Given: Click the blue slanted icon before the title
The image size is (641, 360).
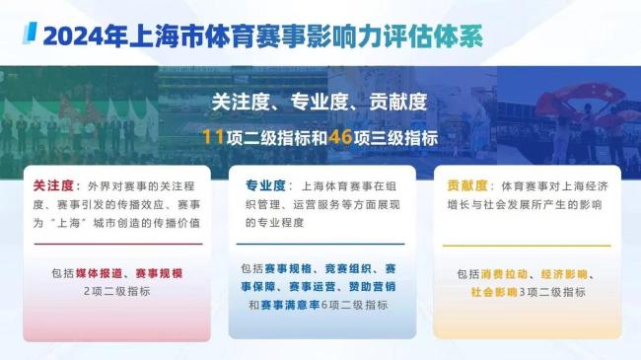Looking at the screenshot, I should pyautogui.click(x=31, y=36).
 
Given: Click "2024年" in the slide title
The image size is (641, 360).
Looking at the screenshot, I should pyautogui.click(x=79, y=37).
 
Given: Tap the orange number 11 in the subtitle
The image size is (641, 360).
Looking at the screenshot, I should pyautogui.click(x=210, y=138).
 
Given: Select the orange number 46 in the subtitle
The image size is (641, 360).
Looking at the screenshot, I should pyautogui.click(x=348, y=138).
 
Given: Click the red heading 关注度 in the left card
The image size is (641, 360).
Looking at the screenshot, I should pyautogui.click(x=53, y=185).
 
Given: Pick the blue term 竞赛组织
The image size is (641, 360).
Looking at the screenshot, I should pyautogui.click(x=347, y=268).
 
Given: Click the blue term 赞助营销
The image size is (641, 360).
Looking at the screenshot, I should pyautogui.click(x=375, y=287).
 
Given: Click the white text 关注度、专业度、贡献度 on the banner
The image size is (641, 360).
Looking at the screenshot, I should pyautogui.click(x=320, y=102).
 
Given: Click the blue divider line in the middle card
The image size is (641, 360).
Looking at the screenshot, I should pyautogui.click(x=320, y=245).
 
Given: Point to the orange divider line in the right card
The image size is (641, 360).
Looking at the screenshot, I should pyautogui.click(x=523, y=245).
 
